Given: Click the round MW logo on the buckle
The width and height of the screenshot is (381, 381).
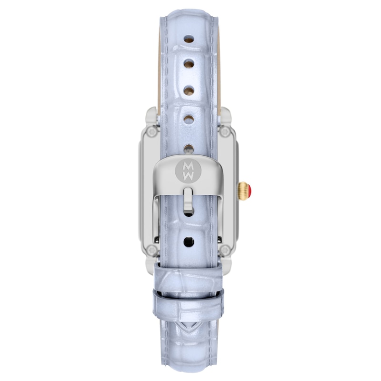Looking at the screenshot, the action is click(188, 170).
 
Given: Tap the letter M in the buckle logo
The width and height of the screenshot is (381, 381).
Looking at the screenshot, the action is click(188, 166).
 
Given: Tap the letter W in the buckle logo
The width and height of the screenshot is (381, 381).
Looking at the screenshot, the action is click(188, 176).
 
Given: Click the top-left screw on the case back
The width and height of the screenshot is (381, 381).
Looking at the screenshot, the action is click(152, 132).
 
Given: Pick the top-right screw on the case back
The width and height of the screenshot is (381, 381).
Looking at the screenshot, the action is click(225, 132).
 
